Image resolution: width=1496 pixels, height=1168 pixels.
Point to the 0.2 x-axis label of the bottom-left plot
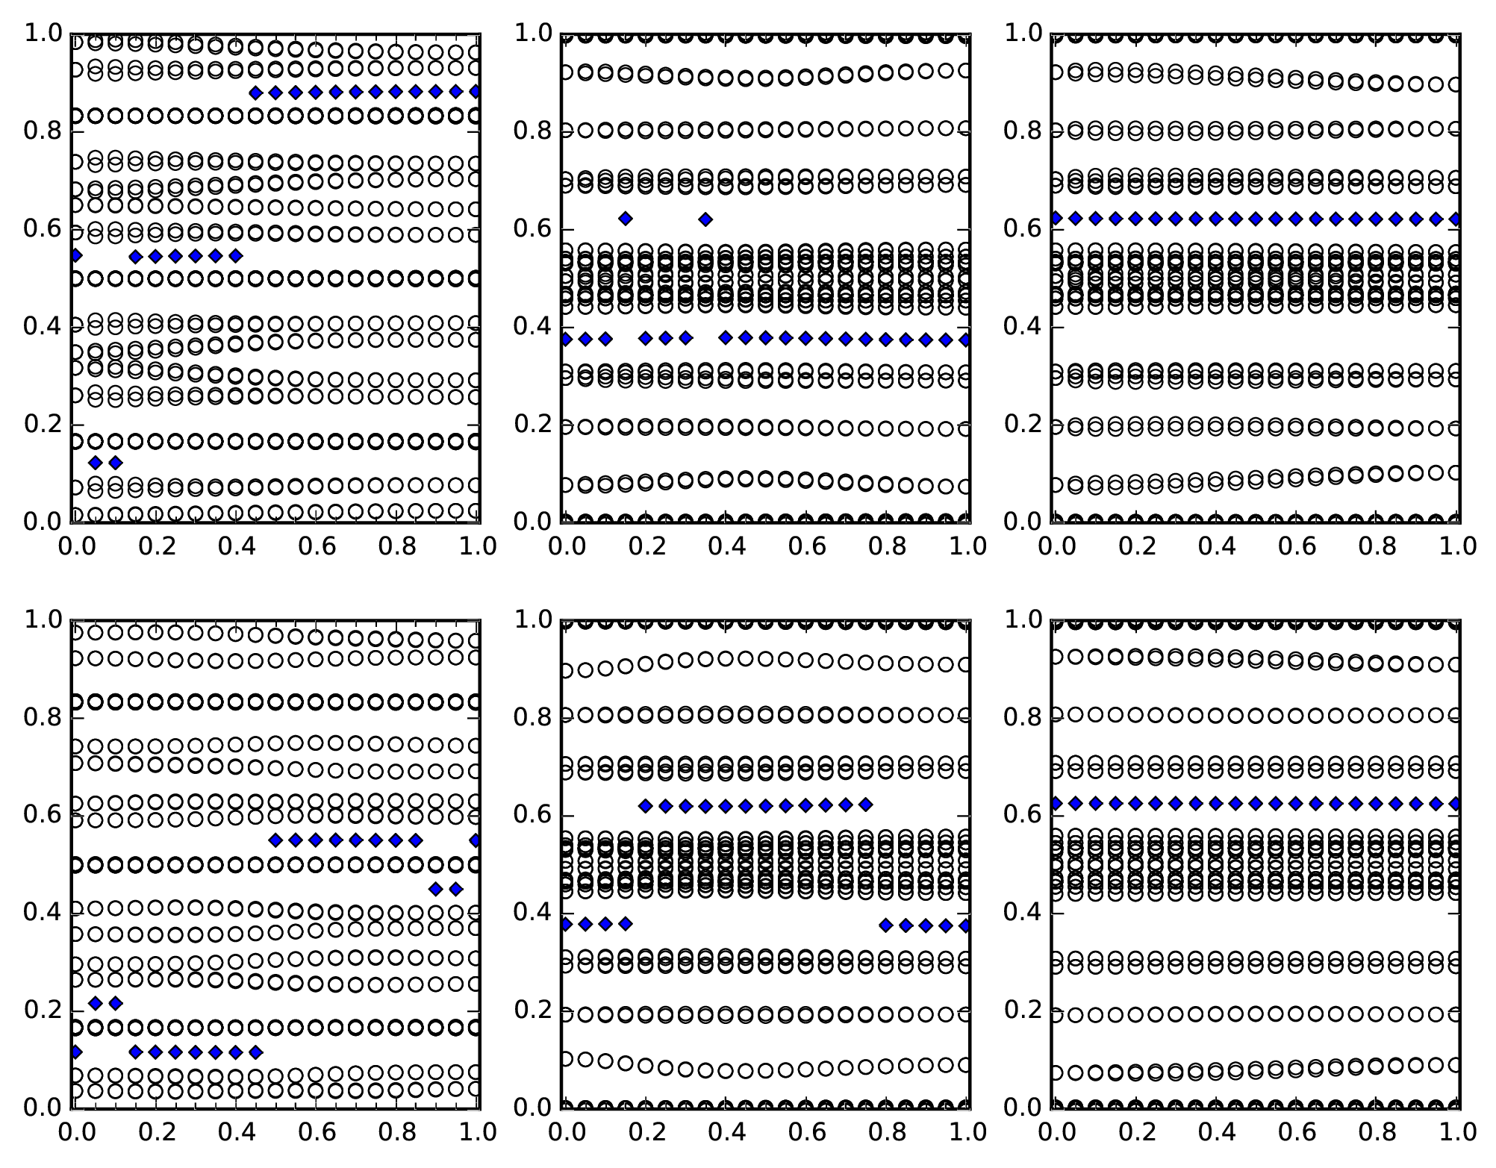[x=156, y=1133]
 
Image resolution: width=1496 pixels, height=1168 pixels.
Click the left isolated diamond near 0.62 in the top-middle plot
[x=626, y=219]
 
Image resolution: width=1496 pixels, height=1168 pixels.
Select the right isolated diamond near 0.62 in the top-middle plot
[x=705, y=219]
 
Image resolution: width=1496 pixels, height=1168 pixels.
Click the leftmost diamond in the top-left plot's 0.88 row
[x=255, y=93]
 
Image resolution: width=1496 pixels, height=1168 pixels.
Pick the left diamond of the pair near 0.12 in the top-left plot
[x=95, y=463]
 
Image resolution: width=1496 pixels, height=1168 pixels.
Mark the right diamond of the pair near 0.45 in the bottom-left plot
[x=456, y=889]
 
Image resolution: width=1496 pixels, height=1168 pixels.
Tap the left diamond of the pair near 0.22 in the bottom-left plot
[x=95, y=1003]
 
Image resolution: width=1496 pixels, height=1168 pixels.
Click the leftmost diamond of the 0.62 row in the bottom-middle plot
[x=646, y=806]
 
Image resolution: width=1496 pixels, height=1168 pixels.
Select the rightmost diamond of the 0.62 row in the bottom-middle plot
[x=866, y=805]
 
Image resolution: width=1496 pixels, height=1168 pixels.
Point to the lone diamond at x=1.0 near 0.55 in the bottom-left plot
[x=476, y=840]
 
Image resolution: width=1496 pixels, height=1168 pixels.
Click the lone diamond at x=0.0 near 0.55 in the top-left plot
[x=75, y=256]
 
